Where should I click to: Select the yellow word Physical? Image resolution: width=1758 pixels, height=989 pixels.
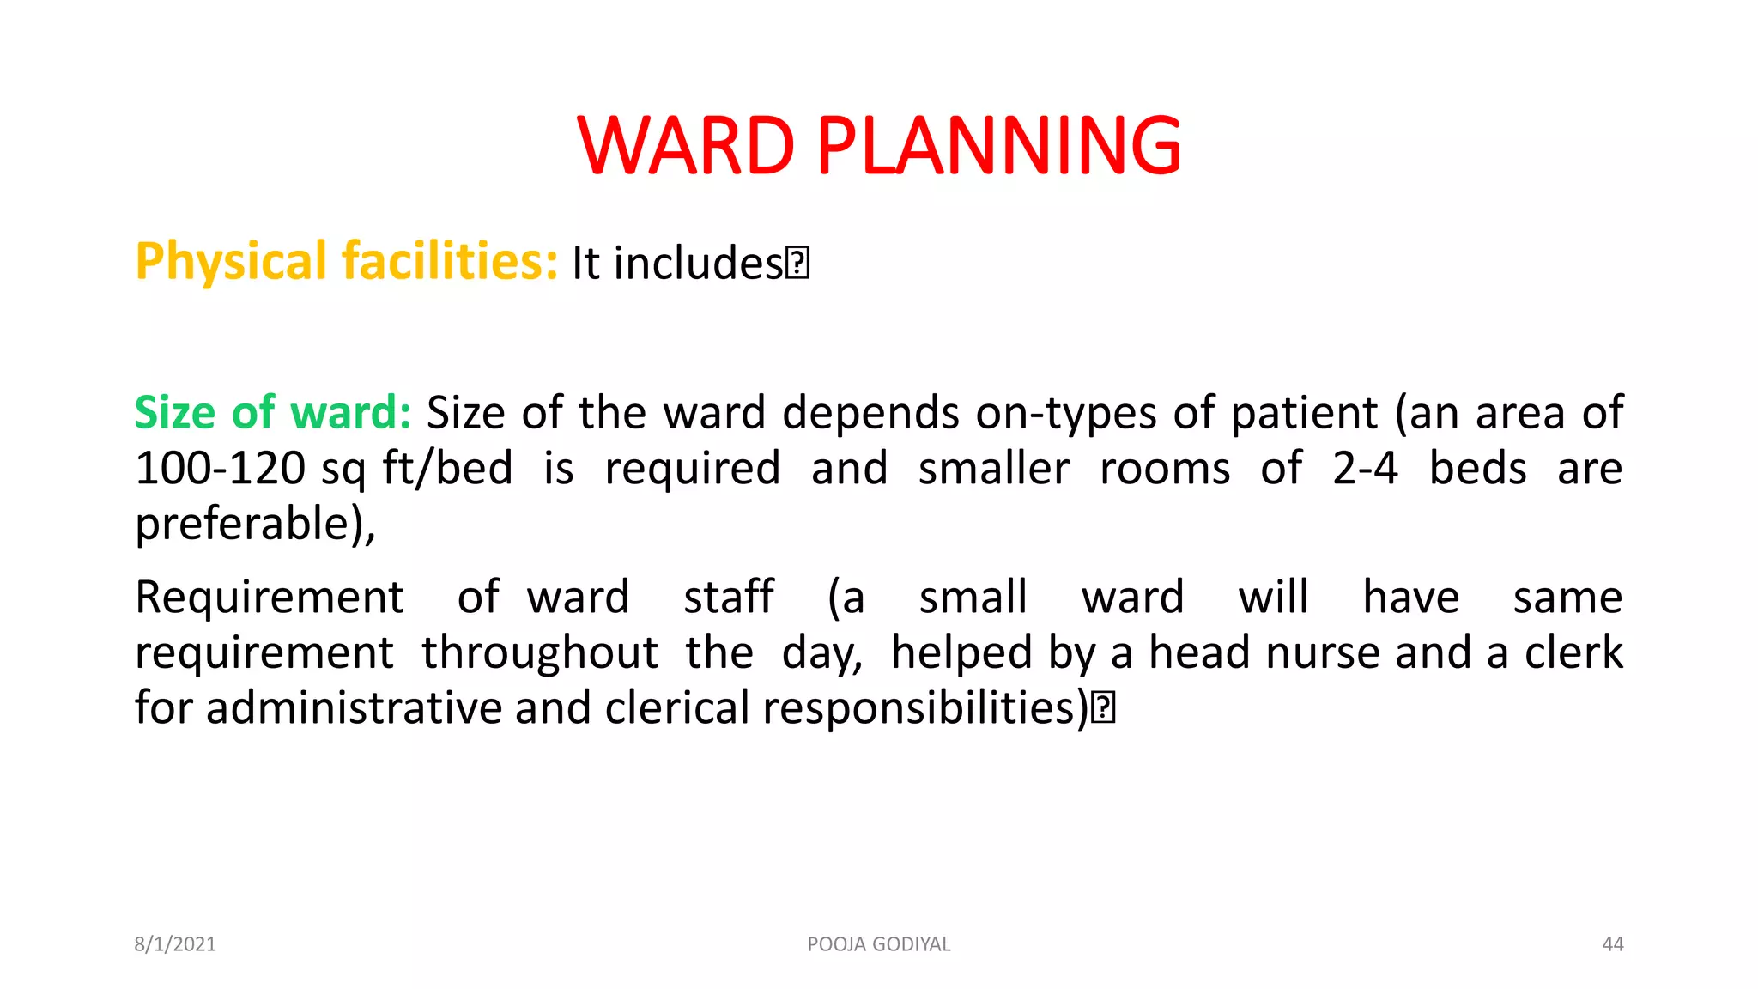click(x=231, y=262)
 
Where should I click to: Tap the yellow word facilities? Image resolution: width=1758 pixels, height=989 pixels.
click(x=450, y=262)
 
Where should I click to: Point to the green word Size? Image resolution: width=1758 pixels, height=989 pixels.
click(x=174, y=413)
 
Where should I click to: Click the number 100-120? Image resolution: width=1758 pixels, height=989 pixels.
click(x=220, y=469)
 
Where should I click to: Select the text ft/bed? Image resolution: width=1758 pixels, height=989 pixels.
click(x=447, y=469)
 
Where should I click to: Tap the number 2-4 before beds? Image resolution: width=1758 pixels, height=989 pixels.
click(x=1365, y=469)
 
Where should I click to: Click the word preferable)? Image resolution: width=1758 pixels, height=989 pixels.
click(x=255, y=524)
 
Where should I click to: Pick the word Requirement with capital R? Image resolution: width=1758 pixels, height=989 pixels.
click(x=269, y=598)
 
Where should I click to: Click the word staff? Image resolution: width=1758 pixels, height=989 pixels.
click(x=728, y=598)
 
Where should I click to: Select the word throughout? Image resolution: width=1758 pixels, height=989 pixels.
click(x=539, y=653)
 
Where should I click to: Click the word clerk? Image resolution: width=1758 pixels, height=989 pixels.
click(x=1573, y=653)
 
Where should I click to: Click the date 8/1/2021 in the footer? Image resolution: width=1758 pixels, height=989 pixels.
click(x=175, y=944)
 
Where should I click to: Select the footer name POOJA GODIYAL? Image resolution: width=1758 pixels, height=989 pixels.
click(x=878, y=944)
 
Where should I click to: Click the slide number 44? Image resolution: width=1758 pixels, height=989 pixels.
click(x=1612, y=944)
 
